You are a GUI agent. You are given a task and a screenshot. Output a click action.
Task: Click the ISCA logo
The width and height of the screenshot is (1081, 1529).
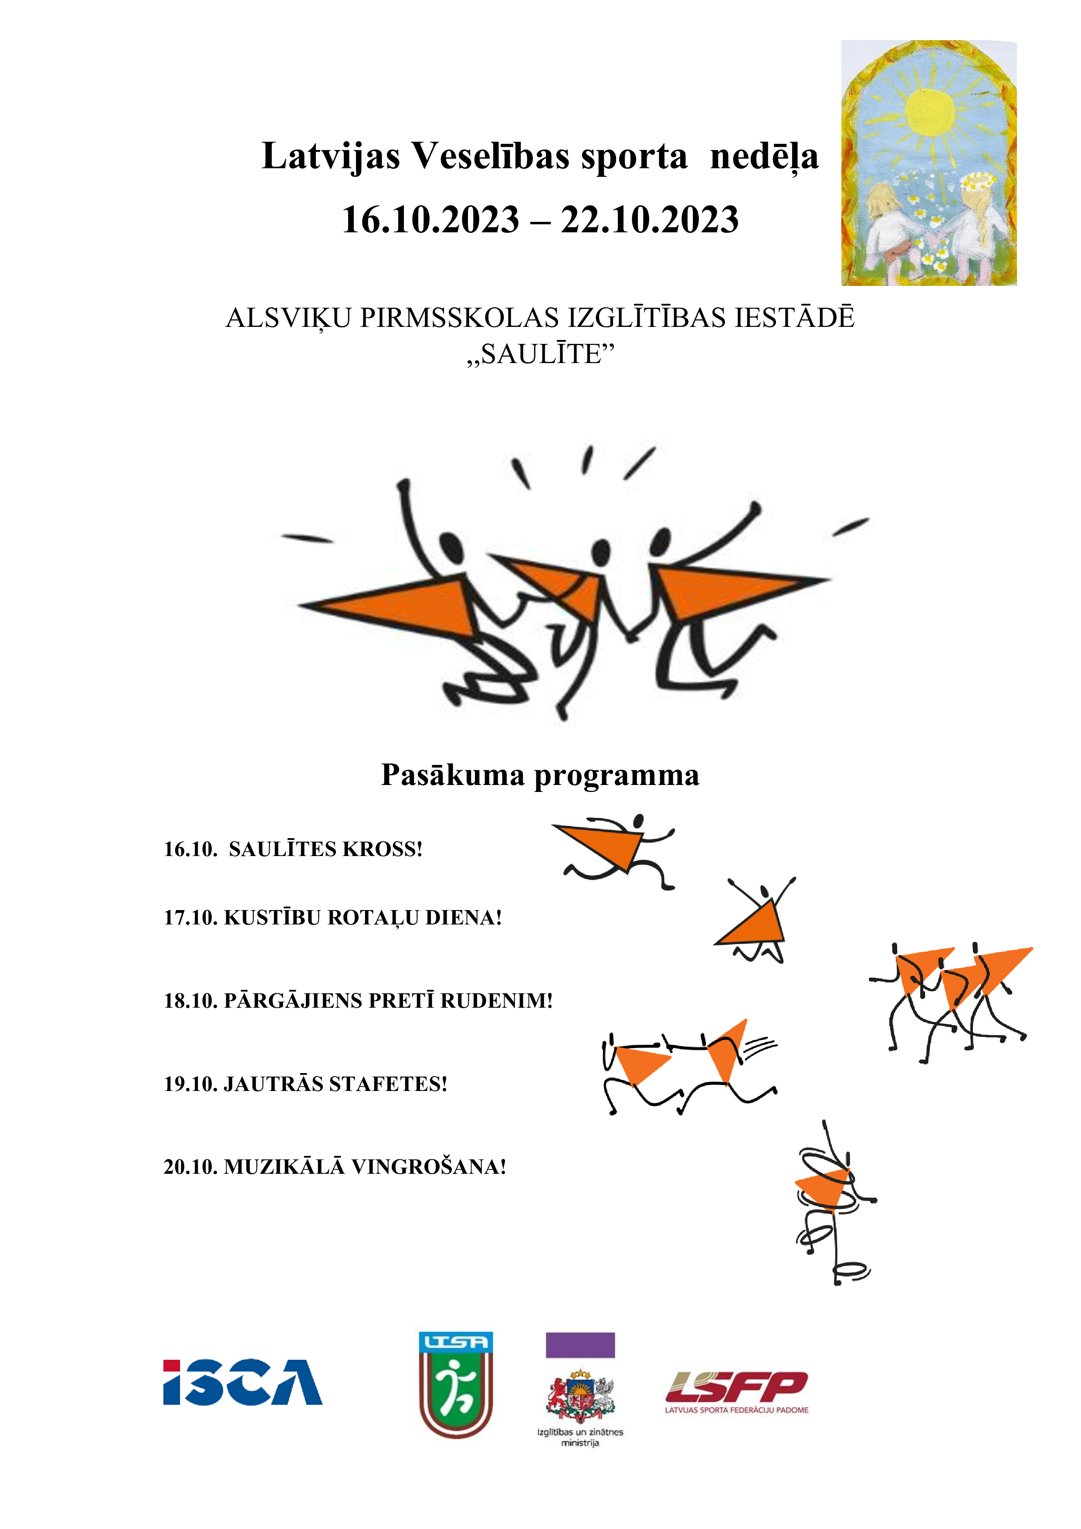pyautogui.click(x=243, y=1383)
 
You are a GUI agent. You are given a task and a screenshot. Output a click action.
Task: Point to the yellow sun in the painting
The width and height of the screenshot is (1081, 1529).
pyautogui.click(x=929, y=112)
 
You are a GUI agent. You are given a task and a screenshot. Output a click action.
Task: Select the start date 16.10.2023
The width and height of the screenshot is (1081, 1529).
pyautogui.click(x=430, y=220)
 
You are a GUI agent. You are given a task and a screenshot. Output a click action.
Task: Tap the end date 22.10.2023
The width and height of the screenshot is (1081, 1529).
pyautogui.click(x=650, y=220)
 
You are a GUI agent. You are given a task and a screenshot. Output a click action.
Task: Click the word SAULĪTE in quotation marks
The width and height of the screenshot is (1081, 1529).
pyautogui.click(x=540, y=355)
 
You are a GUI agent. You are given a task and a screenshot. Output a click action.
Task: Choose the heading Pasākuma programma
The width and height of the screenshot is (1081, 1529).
pyautogui.click(x=540, y=775)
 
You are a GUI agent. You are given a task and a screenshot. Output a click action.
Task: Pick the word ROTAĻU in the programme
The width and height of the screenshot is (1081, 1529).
pyautogui.click(x=373, y=917)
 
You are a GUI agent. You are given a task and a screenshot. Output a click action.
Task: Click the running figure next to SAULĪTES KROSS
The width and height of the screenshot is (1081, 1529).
pyautogui.click(x=616, y=853)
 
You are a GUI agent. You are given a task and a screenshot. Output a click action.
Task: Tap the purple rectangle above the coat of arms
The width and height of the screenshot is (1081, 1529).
pyautogui.click(x=580, y=1345)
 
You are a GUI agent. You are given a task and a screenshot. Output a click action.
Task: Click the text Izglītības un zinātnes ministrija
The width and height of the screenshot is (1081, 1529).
pyautogui.click(x=580, y=1437)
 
